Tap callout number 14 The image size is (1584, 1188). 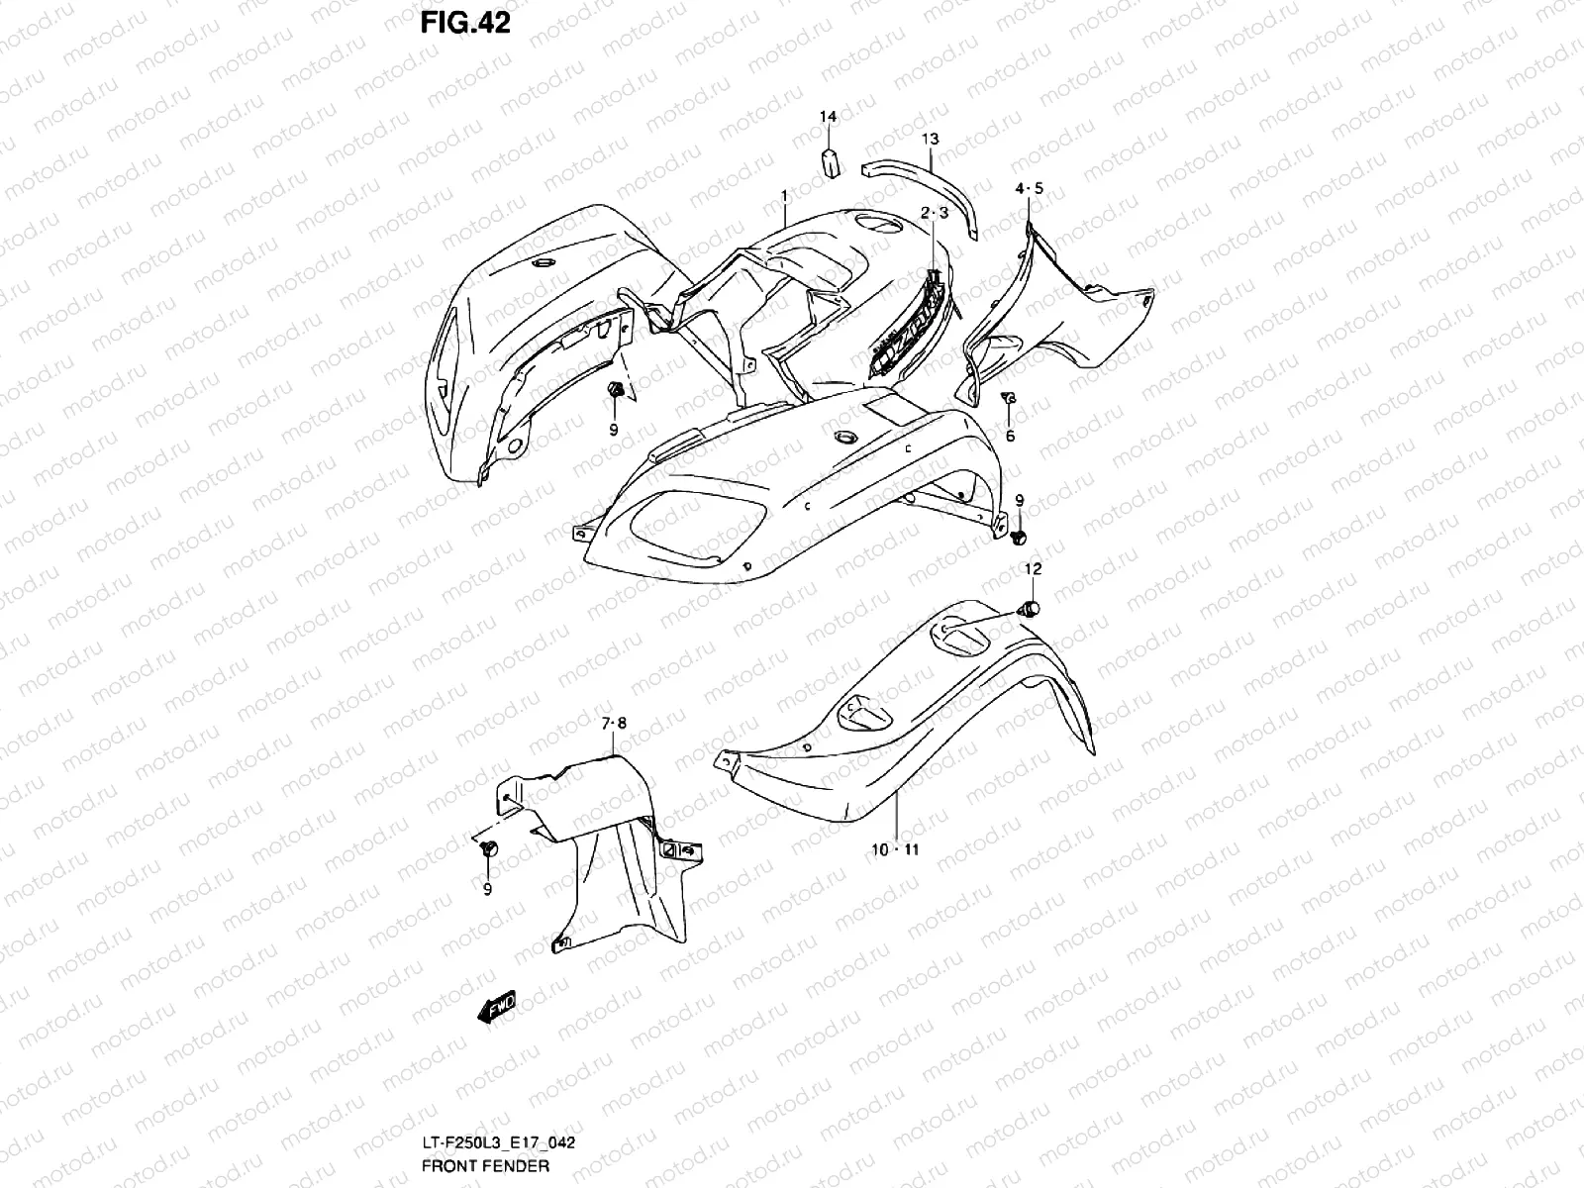(x=828, y=117)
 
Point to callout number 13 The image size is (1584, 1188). (x=931, y=139)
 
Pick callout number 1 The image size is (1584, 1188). (x=784, y=197)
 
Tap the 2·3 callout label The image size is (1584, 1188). (x=935, y=213)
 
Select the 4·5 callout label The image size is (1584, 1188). (x=1029, y=188)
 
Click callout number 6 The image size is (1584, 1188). (x=1010, y=436)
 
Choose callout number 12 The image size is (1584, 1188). (x=1033, y=569)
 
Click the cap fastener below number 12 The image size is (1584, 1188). (x=1031, y=608)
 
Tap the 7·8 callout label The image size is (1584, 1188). (x=614, y=724)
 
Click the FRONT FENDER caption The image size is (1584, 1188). (x=485, y=1165)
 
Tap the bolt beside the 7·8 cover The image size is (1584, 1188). (x=488, y=848)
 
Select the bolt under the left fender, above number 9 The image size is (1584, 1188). (x=614, y=391)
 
